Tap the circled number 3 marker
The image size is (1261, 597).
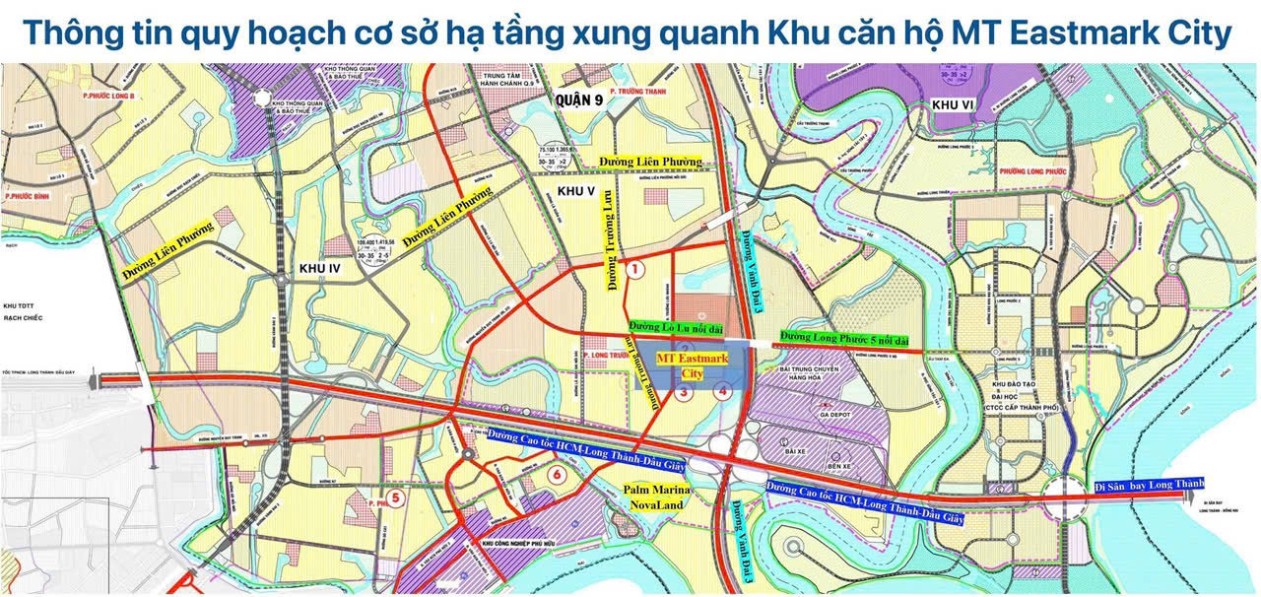[x=682, y=392]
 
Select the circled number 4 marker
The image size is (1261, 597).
[x=724, y=391]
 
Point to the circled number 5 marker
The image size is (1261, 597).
[x=395, y=497]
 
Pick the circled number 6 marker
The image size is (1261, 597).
[x=558, y=475]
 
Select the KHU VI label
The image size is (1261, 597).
[x=953, y=104]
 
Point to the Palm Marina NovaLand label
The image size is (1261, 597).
[x=663, y=497]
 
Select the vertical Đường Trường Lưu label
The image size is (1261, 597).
[x=612, y=238]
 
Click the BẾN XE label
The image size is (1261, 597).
[x=839, y=464]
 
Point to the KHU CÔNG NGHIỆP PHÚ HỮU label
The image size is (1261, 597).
[x=519, y=543]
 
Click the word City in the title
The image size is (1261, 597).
[x=1193, y=33]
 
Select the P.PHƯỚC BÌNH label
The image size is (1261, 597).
[x=27, y=197]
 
